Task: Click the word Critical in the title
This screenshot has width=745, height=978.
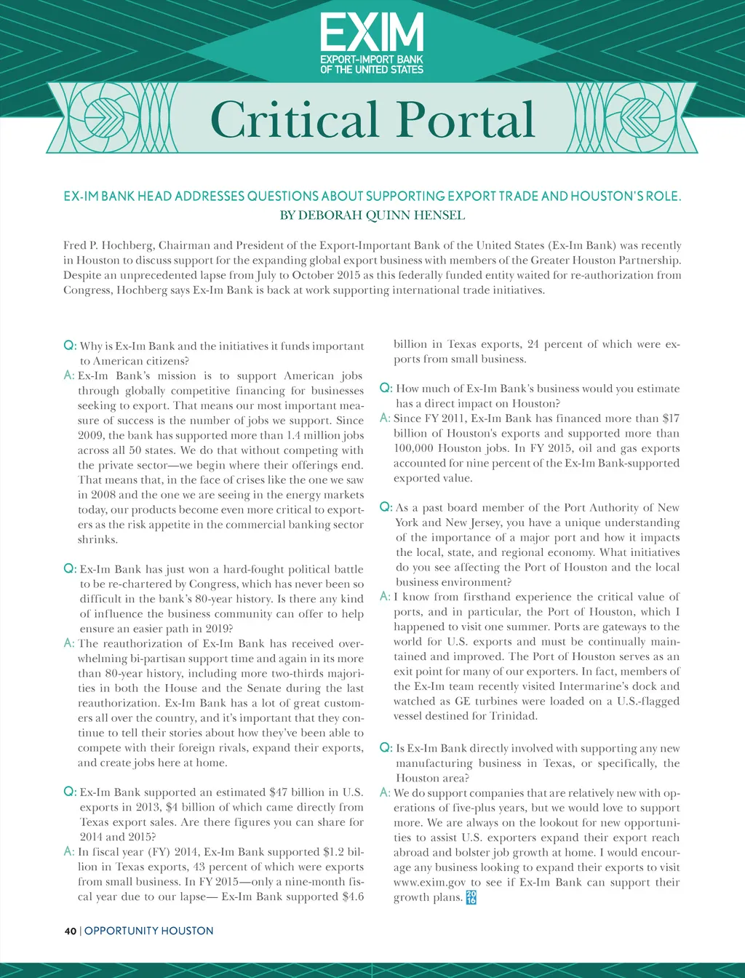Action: [x=294, y=119]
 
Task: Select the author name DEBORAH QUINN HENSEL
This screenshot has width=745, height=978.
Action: [x=382, y=215]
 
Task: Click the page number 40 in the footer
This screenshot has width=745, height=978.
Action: [x=70, y=931]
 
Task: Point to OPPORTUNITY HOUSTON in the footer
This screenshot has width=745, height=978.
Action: [x=149, y=931]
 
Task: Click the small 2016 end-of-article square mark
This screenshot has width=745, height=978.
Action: [x=471, y=896]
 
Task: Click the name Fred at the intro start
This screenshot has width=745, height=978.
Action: [x=76, y=245]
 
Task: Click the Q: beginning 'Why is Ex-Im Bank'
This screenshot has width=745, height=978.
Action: [x=71, y=346]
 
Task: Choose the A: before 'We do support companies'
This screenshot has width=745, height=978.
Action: [x=386, y=792]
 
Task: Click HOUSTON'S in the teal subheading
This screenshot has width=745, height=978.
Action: [x=598, y=196]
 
